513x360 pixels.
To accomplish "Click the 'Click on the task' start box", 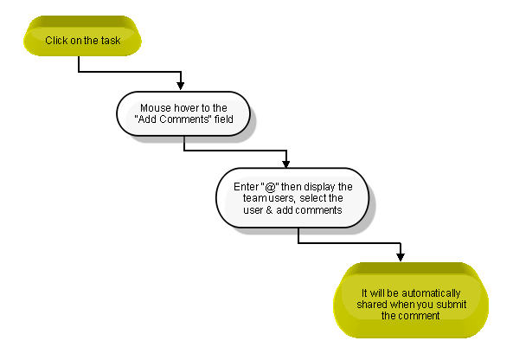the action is tap(82, 35).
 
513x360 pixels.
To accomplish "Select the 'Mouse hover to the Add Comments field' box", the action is tap(183, 113).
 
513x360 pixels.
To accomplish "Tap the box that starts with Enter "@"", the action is tap(292, 197).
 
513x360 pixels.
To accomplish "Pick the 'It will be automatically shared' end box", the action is tap(411, 300).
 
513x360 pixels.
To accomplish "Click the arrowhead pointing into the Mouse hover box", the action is tap(180, 86).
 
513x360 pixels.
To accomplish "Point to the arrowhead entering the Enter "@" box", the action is tap(286, 164).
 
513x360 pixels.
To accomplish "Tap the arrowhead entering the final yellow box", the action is tap(401, 257).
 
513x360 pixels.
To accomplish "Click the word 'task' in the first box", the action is tap(111, 41).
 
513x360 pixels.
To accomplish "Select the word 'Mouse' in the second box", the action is tap(156, 107).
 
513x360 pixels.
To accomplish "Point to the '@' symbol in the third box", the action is tap(270, 187).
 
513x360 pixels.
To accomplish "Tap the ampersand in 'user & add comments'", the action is tap(269, 209).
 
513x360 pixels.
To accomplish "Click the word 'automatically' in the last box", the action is tap(431, 292).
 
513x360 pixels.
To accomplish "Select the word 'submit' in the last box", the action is tap(452, 305).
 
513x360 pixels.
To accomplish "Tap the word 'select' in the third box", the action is tap(312, 198).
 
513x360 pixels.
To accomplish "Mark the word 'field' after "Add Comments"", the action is tap(223, 119).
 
